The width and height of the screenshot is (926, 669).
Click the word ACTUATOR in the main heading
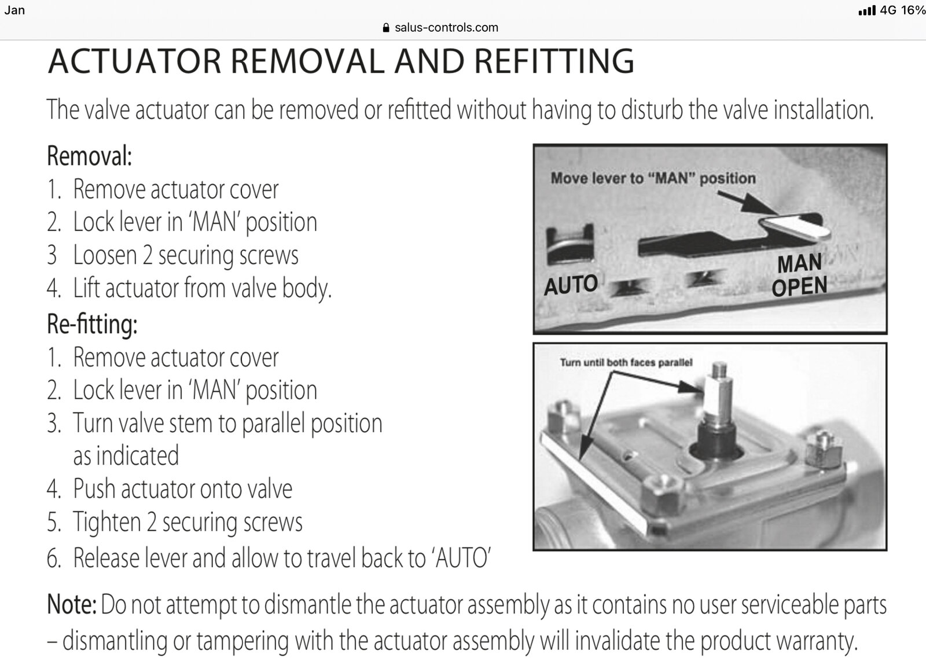[x=135, y=61]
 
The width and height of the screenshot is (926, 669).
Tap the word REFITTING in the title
[x=554, y=61]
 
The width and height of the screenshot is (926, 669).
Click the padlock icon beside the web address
[x=385, y=28]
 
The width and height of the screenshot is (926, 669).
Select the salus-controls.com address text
[x=446, y=28]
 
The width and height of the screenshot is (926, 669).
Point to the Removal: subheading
[x=89, y=156]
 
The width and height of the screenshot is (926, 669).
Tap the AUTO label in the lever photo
[x=571, y=285]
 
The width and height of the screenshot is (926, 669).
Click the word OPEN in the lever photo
[x=799, y=286]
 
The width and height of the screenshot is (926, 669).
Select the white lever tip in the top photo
[x=795, y=228]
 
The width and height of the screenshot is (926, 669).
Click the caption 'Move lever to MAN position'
[x=653, y=178]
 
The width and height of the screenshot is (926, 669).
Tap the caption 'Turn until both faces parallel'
[x=626, y=363]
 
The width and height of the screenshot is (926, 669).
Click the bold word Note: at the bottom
[x=72, y=605]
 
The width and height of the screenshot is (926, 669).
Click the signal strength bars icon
[x=867, y=10]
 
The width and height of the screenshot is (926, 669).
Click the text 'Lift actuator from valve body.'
[x=202, y=288]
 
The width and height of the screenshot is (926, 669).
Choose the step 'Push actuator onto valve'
[x=183, y=488]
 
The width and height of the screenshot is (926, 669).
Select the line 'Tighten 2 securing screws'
[x=188, y=522]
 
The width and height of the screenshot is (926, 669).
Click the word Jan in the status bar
[x=14, y=10]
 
